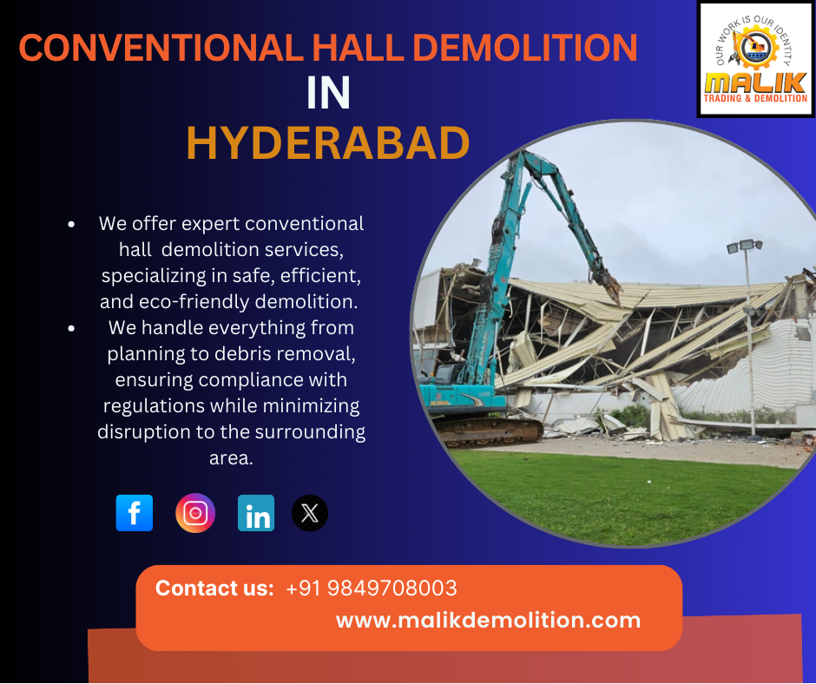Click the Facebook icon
click(135, 513)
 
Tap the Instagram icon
click(195, 513)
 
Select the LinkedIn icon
click(256, 513)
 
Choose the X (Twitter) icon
click(310, 513)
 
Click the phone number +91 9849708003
click(372, 589)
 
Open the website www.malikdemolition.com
click(488, 620)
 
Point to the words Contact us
click(214, 589)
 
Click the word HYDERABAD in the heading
click(328, 142)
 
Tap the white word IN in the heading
click(328, 93)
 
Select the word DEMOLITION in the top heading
click(525, 48)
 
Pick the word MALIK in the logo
click(755, 82)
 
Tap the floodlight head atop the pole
click(745, 246)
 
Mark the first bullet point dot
click(71, 224)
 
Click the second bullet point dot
click(71, 328)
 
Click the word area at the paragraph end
click(231, 458)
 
